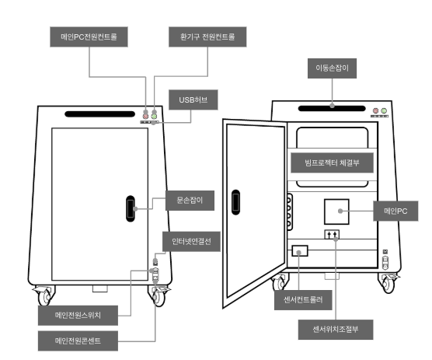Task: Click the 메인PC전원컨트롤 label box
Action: (x=89, y=37)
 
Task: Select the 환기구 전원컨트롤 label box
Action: (x=207, y=37)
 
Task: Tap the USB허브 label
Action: (x=193, y=100)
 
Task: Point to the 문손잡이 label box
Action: (x=190, y=201)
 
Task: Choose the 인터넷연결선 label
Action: (x=191, y=242)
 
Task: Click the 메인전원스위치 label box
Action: (x=78, y=316)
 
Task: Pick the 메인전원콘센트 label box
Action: (x=78, y=341)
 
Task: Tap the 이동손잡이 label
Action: (x=332, y=68)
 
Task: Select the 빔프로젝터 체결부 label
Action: (x=332, y=163)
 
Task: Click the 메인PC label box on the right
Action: (x=395, y=211)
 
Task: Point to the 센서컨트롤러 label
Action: (x=303, y=300)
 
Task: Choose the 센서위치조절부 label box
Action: (x=336, y=330)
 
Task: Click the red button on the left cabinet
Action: (x=146, y=117)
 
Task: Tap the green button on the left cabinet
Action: (x=155, y=117)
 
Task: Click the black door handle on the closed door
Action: (x=131, y=208)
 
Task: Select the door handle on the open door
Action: (x=235, y=202)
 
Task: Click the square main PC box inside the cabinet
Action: (x=336, y=211)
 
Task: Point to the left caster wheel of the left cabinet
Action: (x=45, y=296)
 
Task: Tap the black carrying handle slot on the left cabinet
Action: (x=99, y=114)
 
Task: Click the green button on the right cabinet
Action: (x=384, y=111)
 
